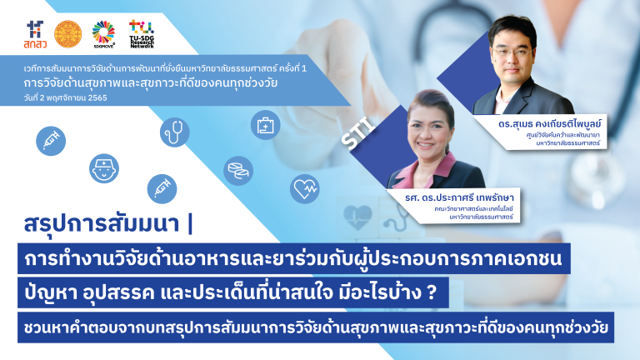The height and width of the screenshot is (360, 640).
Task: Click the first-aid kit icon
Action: pos(266,126)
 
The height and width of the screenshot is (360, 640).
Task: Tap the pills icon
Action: pos(237,172)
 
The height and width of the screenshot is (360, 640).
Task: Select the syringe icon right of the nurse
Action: pos(162,188)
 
